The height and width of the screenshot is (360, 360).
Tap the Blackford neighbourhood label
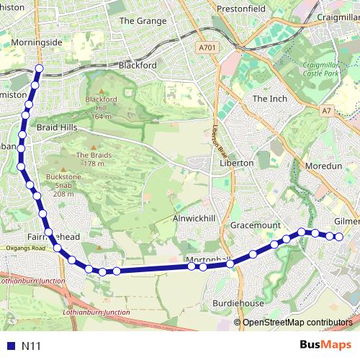tap(137, 65)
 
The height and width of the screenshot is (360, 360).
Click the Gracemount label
tap(256, 225)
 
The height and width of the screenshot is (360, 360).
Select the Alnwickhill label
tap(194, 218)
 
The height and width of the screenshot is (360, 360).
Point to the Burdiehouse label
tap(238, 304)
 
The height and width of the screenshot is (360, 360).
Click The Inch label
tap(270, 99)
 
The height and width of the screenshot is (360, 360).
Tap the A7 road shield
tap(327, 111)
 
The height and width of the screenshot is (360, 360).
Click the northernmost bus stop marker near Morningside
tap(39, 69)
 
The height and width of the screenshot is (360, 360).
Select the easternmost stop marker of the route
tap(339, 237)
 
